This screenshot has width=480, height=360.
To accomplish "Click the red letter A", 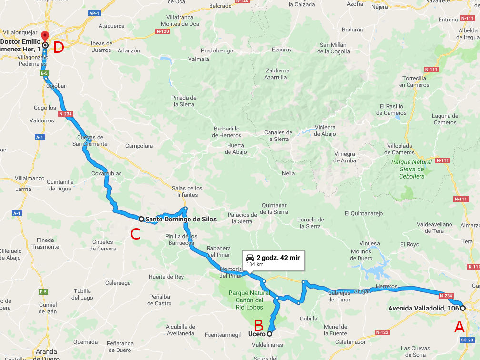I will coord(459,327).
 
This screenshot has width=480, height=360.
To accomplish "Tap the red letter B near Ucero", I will coord(259,325).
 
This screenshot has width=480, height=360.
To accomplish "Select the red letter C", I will coord(135,234).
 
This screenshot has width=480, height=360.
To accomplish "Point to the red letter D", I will coord(59,48).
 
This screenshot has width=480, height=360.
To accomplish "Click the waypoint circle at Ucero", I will coord(270,334).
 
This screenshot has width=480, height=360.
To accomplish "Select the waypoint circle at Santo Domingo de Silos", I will coord(141,219).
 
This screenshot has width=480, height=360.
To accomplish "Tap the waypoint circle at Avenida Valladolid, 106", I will coord(462,308).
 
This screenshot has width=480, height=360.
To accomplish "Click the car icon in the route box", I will coord(250,258).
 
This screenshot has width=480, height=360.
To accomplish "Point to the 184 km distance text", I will coord(255,264).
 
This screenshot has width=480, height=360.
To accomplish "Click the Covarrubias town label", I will coord(107,174).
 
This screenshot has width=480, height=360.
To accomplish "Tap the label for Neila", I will coord(289,173).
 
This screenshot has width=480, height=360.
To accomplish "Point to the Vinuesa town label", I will coord(370,243).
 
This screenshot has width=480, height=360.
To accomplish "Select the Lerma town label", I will coord(23,189).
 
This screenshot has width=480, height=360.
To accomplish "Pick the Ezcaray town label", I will coord(282,50).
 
